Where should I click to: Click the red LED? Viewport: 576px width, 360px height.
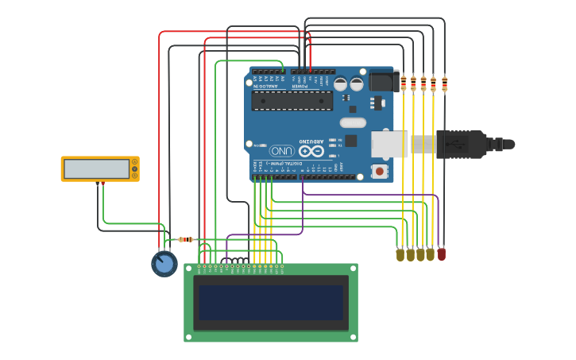(x=442, y=254)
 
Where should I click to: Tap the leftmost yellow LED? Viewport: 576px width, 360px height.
(x=400, y=254)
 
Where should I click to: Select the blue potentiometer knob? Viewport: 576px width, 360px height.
(x=164, y=263)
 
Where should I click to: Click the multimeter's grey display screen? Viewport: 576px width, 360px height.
(x=96, y=168)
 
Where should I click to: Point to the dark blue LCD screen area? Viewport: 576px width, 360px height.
(x=271, y=302)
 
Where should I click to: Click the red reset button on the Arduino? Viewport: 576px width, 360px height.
(x=380, y=171)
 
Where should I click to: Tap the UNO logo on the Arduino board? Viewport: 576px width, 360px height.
(x=282, y=150)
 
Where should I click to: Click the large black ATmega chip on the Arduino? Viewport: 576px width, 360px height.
(x=292, y=100)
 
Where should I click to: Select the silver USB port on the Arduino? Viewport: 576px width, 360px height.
(x=389, y=144)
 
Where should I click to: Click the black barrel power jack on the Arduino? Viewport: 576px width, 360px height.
(x=383, y=80)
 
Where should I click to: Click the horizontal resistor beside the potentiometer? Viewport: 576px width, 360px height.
(x=185, y=239)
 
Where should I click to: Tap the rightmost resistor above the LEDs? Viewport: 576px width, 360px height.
(x=444, y=83)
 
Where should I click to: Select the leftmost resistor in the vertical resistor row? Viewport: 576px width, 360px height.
(x=404, y=83)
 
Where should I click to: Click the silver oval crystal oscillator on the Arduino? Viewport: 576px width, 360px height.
(x=353, y=122)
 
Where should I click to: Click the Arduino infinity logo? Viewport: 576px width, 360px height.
(x=311, y=150)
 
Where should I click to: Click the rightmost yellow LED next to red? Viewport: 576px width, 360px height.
(x=431, y=254)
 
